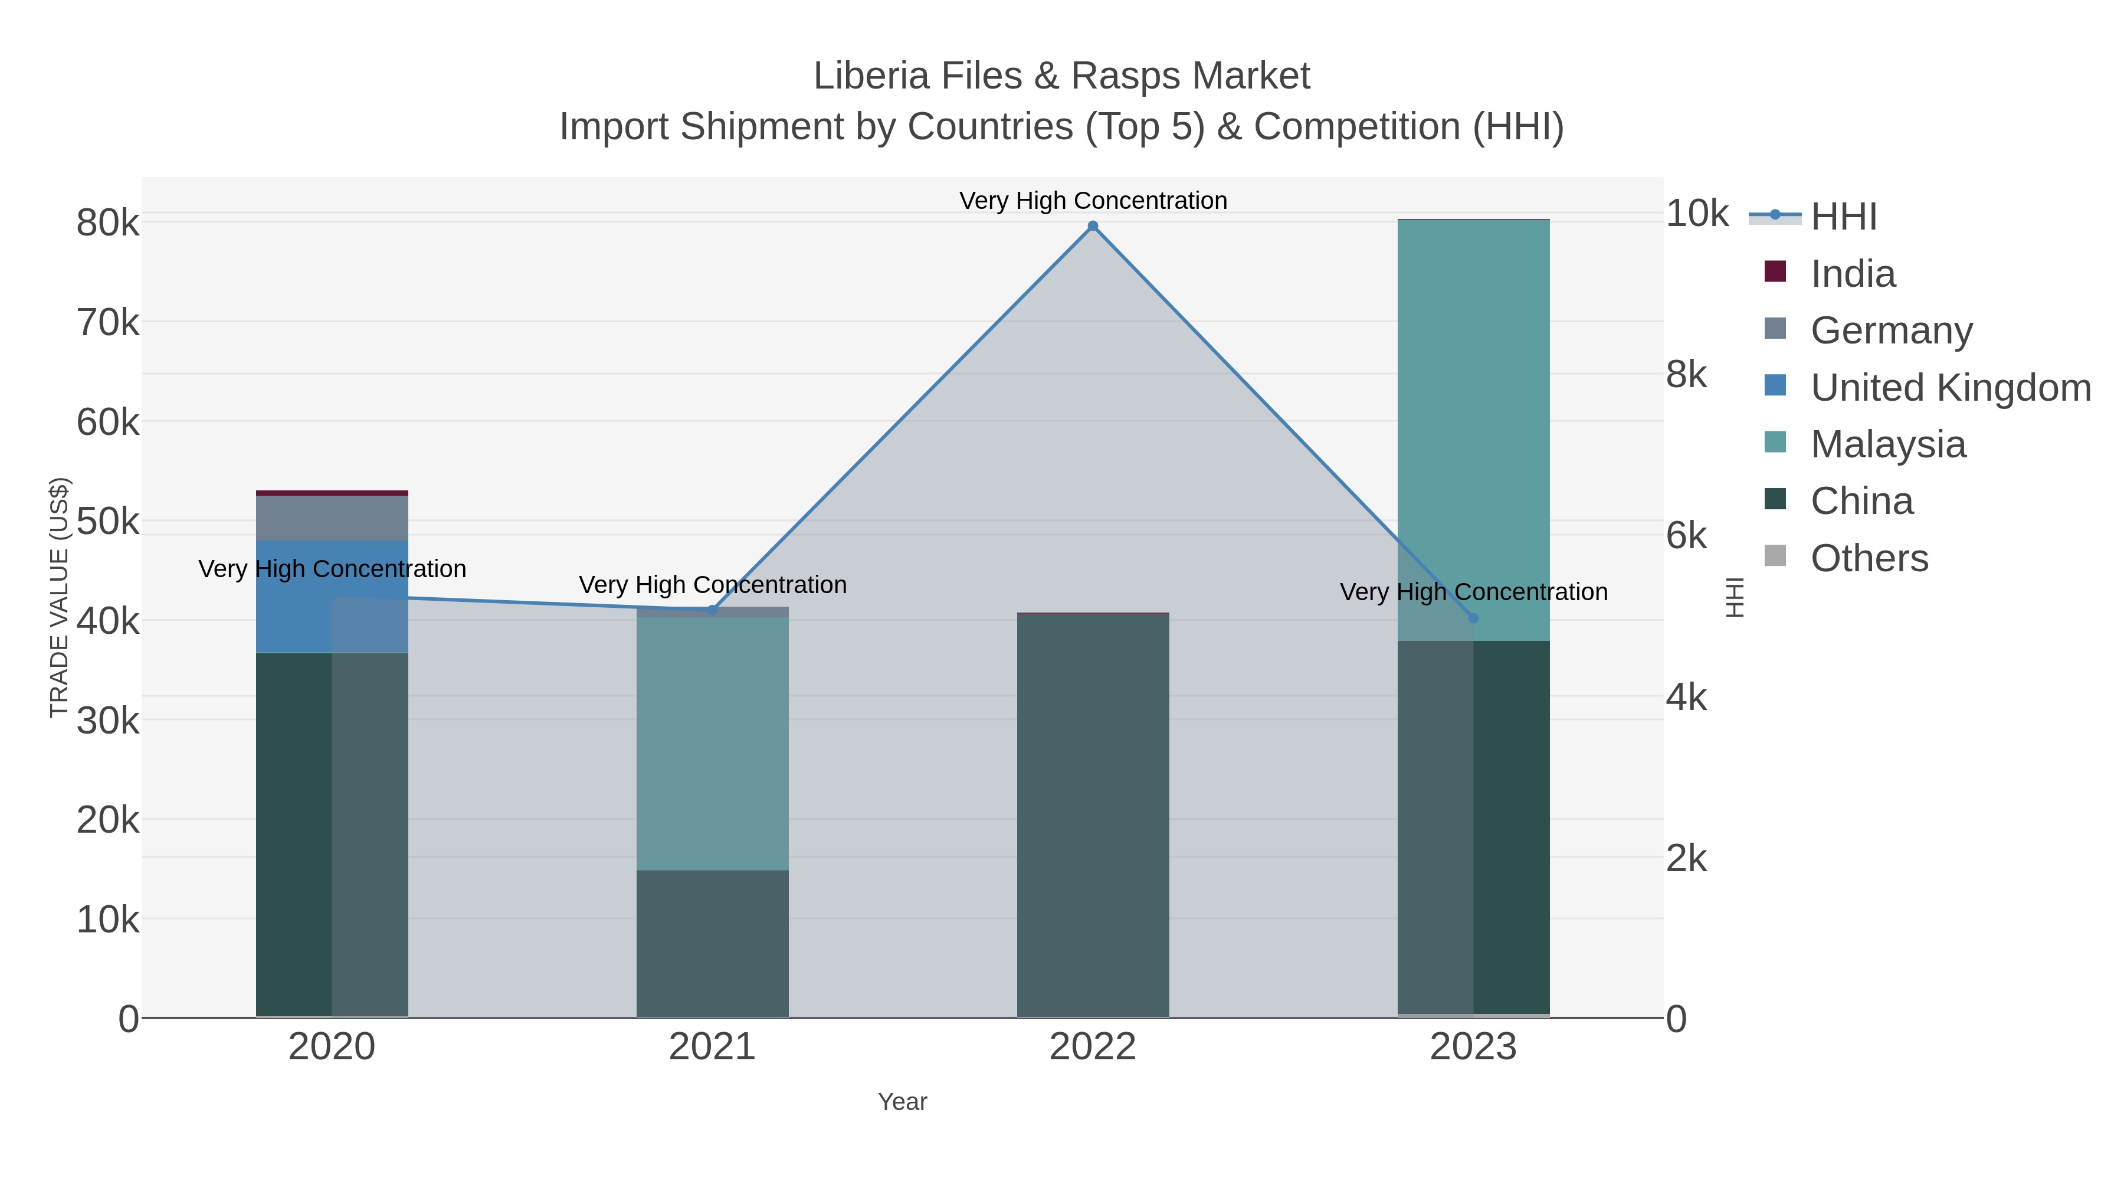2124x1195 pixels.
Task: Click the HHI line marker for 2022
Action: click(1093, 226)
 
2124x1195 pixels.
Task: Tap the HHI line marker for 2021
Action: click(712, 610)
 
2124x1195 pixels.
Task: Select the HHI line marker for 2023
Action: click(1473, 618)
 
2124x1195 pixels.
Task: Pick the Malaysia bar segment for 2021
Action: click(712, 742)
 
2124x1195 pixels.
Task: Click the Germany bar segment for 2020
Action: click(332, 518)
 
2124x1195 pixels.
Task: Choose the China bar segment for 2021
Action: click(712, 944)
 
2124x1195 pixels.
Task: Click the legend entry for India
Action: click(1853, 274)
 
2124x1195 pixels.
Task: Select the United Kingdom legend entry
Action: click(1950, 388)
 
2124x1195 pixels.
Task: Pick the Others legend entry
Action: click(1869, 558)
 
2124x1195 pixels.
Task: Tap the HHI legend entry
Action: click(1844, 217)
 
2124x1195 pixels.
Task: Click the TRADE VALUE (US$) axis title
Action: click(60, 597)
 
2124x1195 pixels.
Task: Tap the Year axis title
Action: click(902, 1102)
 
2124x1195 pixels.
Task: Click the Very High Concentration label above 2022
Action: click(1093, 201)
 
